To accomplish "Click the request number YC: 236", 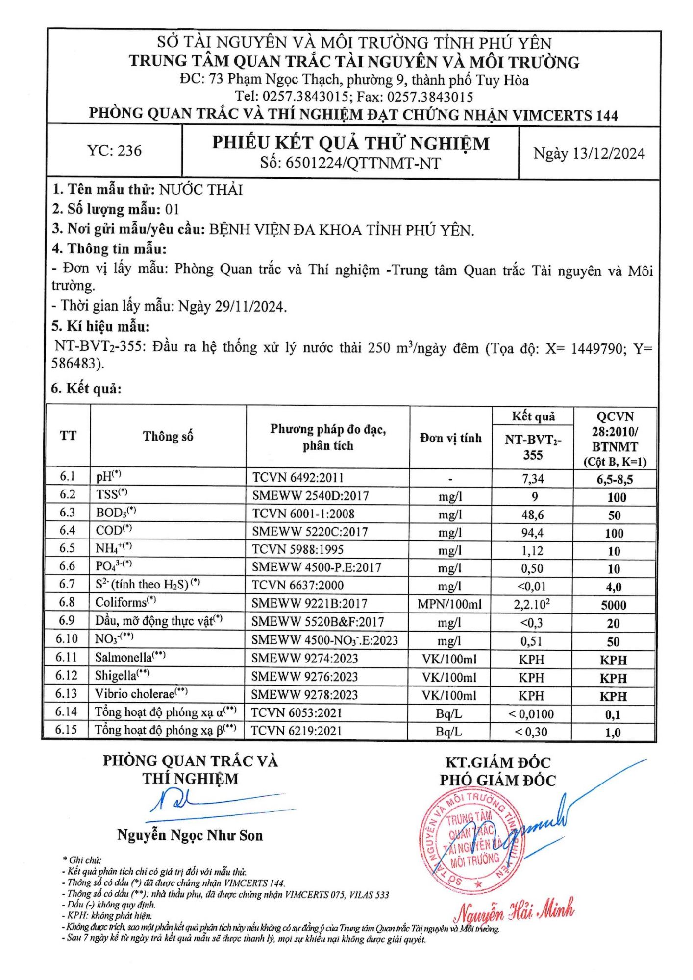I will [114, 150].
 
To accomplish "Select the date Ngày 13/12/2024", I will [589, 154].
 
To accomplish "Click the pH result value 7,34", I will [533, 479].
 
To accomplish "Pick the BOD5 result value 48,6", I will [533, 515].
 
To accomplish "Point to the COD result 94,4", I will [533, 533].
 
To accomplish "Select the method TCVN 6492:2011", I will [298, 478].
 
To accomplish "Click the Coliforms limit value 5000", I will [614, 605].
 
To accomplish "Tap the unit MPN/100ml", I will [449, 604].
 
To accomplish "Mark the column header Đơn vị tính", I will [450, 438].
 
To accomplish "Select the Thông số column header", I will [168, 436].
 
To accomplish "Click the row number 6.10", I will [67, 639].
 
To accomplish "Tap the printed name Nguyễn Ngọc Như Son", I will [190, 835].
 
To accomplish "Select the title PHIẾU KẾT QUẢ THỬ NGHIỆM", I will [350, 143].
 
